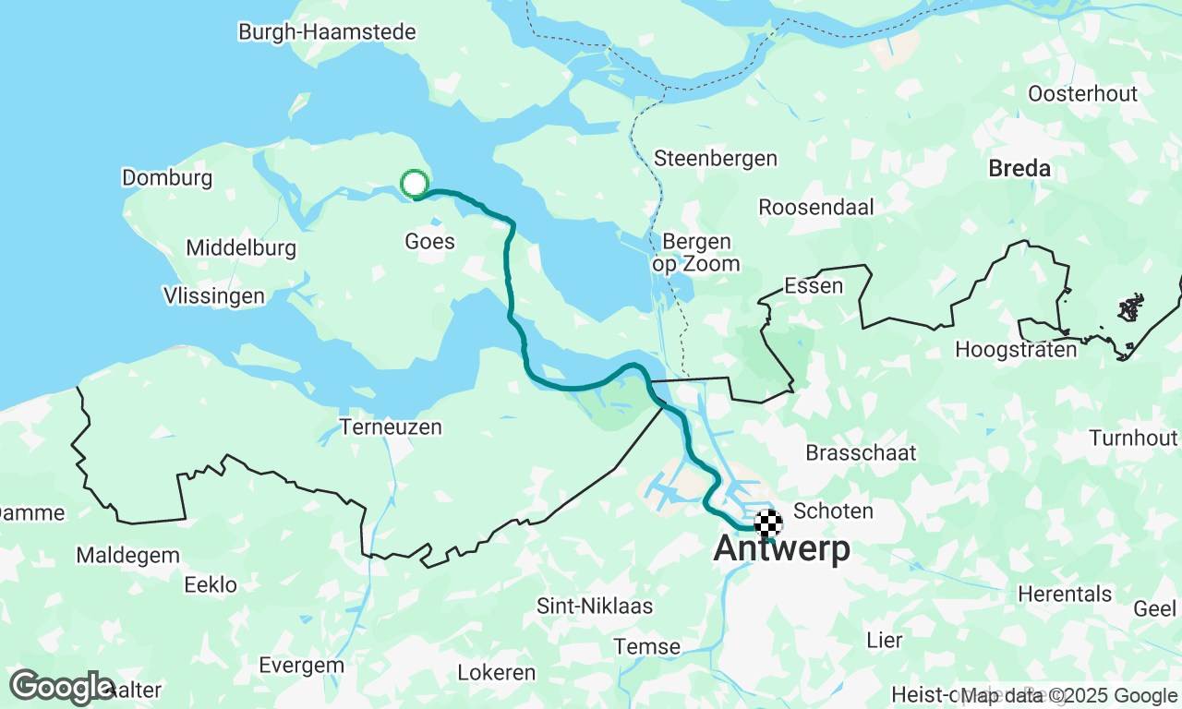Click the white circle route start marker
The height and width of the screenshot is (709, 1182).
point(415,184)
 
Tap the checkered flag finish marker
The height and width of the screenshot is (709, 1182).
point(768,523)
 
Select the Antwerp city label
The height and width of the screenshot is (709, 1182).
point(781,549)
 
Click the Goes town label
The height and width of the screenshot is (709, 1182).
point(429,242)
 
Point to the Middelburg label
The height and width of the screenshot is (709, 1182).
point(240,248)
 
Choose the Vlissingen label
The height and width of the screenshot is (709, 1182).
point(213,296)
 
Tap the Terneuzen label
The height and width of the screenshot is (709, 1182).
point(391,427)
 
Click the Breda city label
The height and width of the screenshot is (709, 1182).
point(1019,169)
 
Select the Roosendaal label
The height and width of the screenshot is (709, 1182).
point(815,207)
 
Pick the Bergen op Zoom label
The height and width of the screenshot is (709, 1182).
point(696,253)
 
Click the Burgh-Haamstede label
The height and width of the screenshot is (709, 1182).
point(327,32)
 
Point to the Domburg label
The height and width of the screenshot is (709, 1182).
point(167,178)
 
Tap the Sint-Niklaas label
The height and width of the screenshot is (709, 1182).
point(595,607)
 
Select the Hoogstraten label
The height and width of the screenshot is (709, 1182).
point(1016,350)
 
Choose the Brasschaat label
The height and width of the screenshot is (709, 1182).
point(861,452)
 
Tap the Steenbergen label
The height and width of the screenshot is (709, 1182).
point(715,159)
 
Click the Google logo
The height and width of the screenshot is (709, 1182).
point(63,687)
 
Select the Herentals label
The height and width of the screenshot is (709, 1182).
point(1065,595)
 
